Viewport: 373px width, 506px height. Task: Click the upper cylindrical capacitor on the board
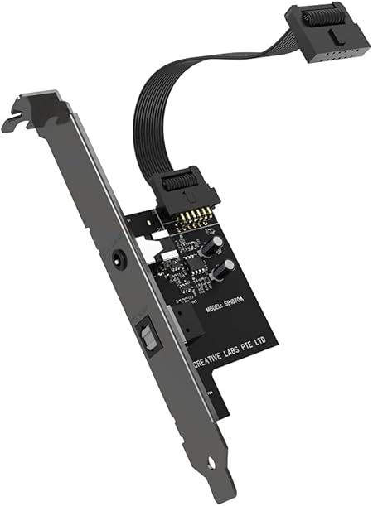tap(210, 245)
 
